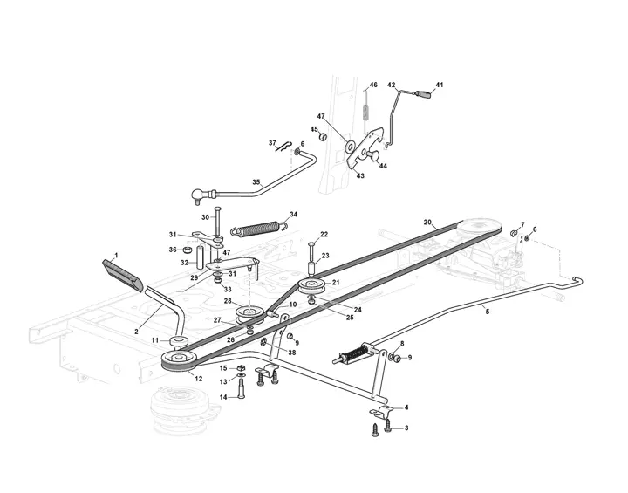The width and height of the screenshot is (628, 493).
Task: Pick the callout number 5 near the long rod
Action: coord(487,311)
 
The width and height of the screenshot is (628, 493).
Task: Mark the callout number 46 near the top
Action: coord(373,85)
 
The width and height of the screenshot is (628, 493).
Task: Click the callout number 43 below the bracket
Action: coord(360,175)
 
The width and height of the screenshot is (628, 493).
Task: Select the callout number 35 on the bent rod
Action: coord(256,182)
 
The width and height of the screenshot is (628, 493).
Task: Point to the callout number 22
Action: coord(324,235)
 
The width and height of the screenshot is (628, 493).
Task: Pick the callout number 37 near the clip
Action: coord(272,143)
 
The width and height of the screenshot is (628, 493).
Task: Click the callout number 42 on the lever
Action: coord(392,85)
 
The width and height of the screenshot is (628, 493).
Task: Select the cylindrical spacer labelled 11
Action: coord(181,340)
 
